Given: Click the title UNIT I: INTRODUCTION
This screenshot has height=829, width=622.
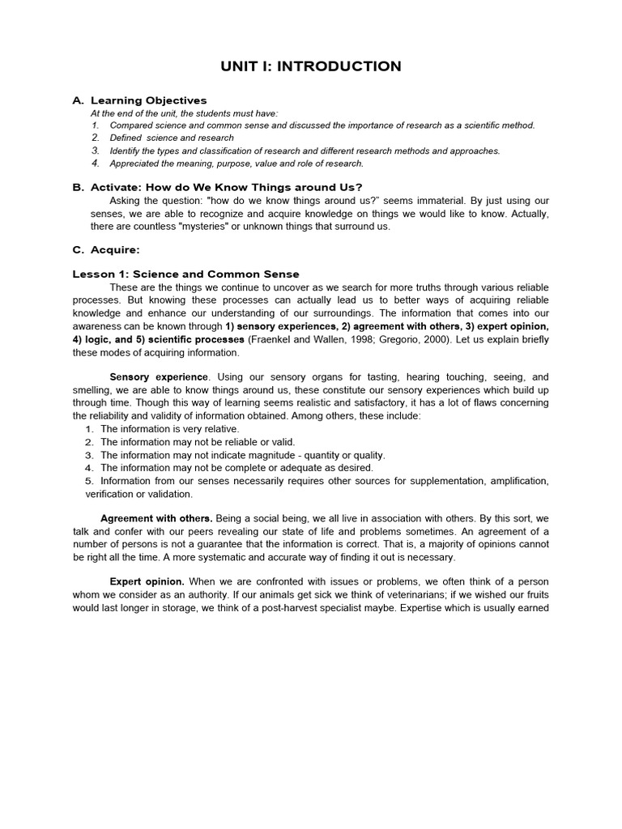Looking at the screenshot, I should pos(311,66).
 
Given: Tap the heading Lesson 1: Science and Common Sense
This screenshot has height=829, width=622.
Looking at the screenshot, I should pos(185,274).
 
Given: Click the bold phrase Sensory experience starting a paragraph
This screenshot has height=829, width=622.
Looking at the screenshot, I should pos(159,377).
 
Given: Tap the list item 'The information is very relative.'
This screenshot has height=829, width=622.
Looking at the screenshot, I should pos(169,429).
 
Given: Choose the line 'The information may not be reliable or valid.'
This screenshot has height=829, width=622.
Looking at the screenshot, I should pos(198,442).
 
